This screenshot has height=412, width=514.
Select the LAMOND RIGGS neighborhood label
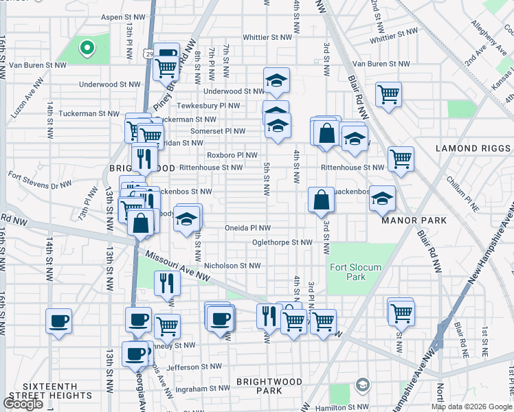click(473, 148)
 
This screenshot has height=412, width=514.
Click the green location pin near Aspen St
click(87, 48)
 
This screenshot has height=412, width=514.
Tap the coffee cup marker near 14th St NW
click(58, 319)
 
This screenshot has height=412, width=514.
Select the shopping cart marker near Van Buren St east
click(389, 94)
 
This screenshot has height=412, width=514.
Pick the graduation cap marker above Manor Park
click(383, 198)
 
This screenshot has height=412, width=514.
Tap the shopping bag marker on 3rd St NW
click(321, 200)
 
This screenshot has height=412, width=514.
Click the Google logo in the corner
click(23, 404)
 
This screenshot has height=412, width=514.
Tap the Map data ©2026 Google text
click(471, 407)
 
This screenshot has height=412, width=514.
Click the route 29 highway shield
click(149, 53)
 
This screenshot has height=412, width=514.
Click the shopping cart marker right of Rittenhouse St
click(401, 159)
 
